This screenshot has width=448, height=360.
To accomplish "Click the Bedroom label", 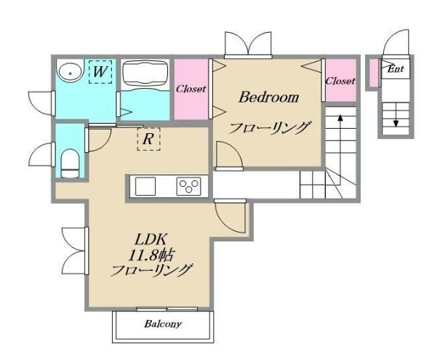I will (269, 97).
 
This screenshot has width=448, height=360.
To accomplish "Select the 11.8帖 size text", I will (151, 255).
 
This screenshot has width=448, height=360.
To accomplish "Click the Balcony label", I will (161, 324).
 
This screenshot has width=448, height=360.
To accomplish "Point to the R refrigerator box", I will (148, 139).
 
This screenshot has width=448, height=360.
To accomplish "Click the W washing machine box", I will (100, 71).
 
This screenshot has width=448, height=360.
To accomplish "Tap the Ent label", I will (395, 70).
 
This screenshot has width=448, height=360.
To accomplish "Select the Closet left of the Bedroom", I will (191, 89).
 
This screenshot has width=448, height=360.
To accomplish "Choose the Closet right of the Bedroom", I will (340, 81).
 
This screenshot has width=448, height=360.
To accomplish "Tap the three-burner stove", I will (190, 186).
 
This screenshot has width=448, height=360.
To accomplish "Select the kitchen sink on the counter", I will (145, 186).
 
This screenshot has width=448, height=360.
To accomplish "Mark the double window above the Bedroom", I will (249, 45).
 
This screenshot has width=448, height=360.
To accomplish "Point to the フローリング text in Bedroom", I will (270, 129).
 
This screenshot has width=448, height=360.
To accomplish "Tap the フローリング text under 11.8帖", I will (151, 271).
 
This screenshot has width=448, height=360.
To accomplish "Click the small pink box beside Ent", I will (372, 71).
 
